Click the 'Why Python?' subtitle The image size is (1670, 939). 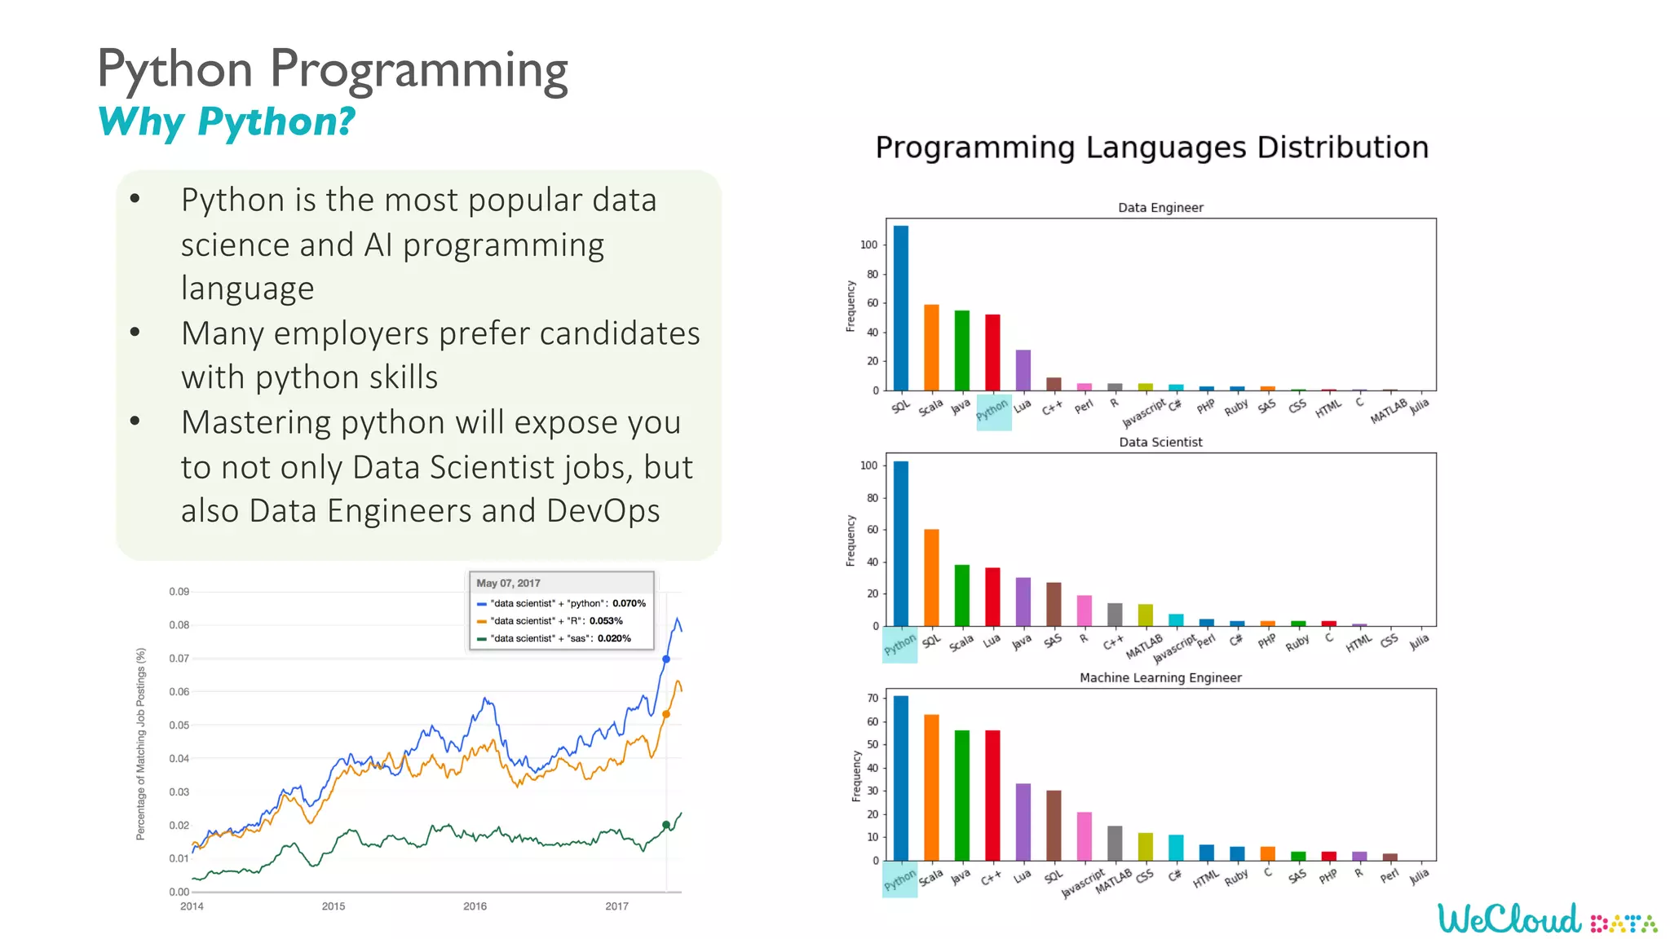(x=226, y=122)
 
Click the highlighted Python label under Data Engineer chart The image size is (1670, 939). (x=992, y=411)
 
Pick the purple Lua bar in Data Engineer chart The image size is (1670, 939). (x=1023, y=370)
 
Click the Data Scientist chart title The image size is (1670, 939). (x=1160, y=442)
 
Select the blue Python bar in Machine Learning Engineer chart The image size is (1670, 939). (x=900, y=778)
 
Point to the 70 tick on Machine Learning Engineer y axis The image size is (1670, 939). (x=873, y=698)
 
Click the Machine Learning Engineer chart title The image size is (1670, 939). (x=1160, y=677)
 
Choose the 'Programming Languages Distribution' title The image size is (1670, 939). (x=1151, y=148)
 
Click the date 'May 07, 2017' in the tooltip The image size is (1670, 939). (x=508, y=583)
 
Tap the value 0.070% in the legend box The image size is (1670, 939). (x=629, y=603)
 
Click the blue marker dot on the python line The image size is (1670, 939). (x=666, y=659)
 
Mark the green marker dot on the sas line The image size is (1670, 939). (x=666, y=825)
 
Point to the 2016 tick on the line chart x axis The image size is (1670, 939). (x=475, y=906)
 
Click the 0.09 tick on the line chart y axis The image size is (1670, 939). (x=179, y=592)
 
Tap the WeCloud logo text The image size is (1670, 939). (x=1509, y=919)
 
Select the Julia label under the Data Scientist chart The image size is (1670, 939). (x=1419, y=641)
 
